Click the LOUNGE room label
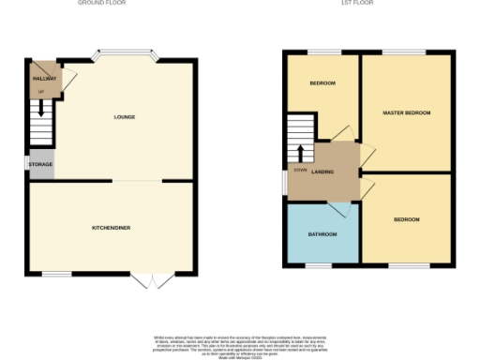tap(124, 117)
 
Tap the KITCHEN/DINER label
tap(111, 228)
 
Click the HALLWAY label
tap(44, 79)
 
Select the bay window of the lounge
tap(125, 54)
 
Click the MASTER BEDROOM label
tap(407, 112)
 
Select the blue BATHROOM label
tap(322, 233)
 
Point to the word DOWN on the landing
tap(299, 171)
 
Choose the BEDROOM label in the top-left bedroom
tap(322, 83)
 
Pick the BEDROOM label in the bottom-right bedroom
tap(406, 219)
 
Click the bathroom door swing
tap(340, 209)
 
